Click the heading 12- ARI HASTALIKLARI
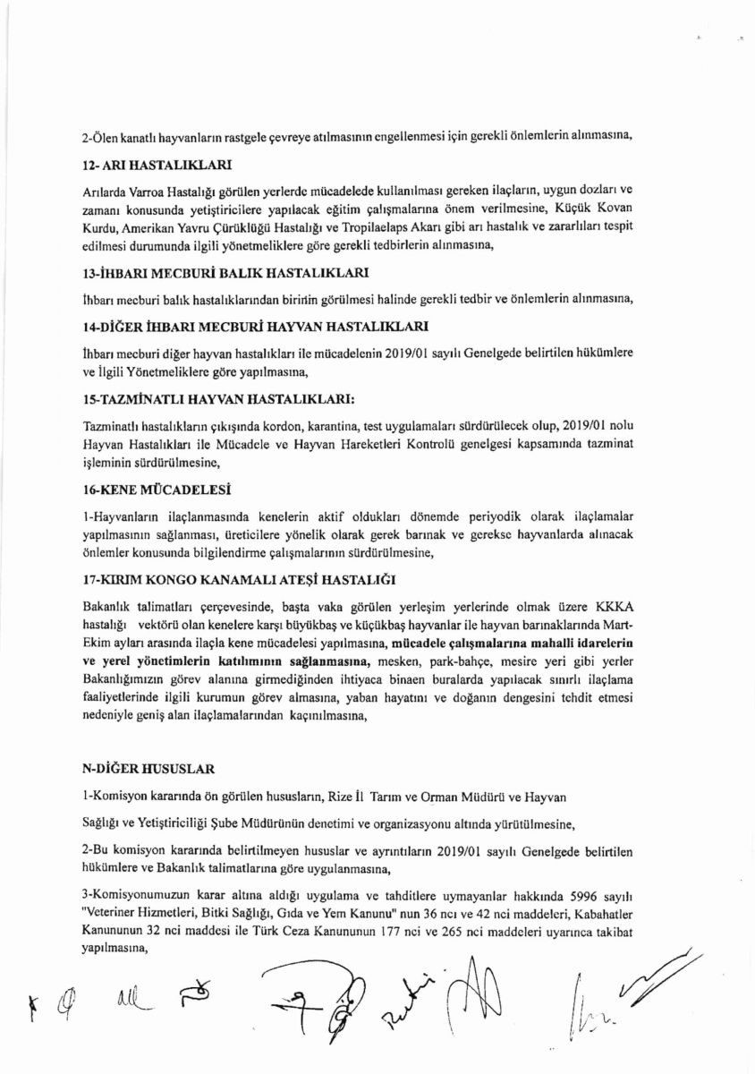(x=157, y=166)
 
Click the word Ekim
(x=98, y=638)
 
